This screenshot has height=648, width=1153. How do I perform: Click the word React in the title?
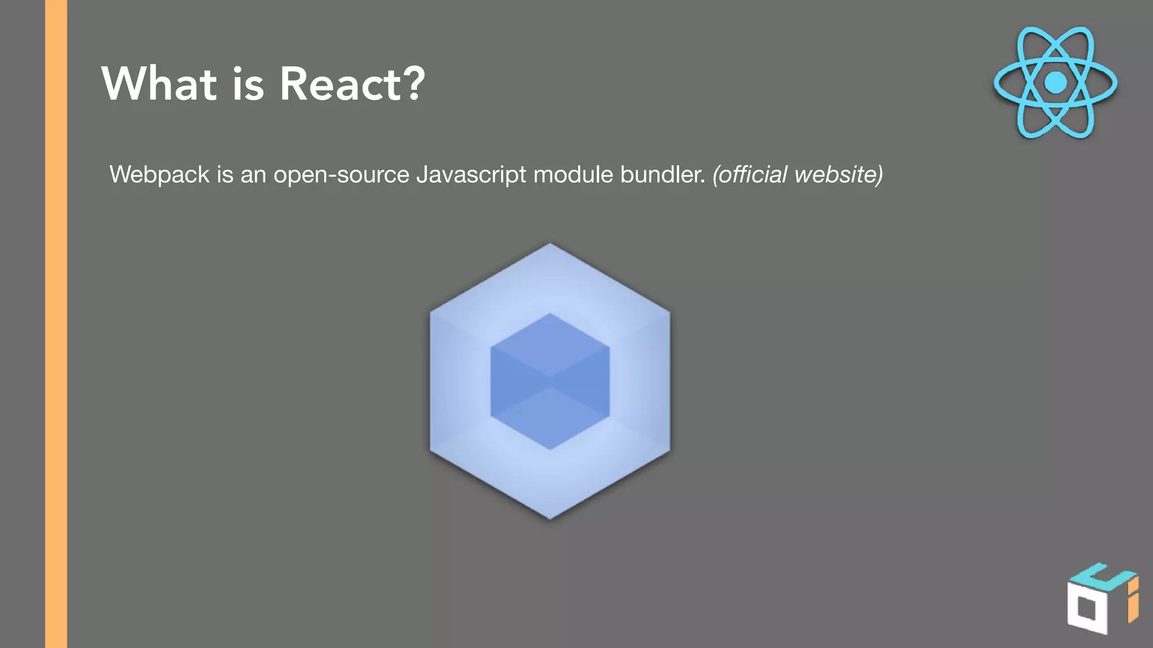pyautogui.click(x=341, y=84)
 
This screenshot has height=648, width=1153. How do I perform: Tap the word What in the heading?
pyautogui.click(x=159, y=84)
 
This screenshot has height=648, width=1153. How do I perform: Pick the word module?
pyautogui.click(x=573, y=174)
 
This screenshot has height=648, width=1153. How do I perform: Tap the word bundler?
pyautogui.click(x=663, y=174)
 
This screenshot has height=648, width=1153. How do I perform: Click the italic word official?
pyautogui.click(x=750, y=174)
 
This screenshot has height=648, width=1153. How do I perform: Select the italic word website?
pyautogui.click(x=838, y=174)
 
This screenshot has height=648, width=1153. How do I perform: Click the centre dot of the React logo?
pyautogui.click(x=1055, y=83)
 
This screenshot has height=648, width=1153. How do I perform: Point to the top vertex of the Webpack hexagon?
pyautogui.click(x=550, y=245)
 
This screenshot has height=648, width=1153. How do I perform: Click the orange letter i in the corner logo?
pyautogui.click(x=1133, y=602)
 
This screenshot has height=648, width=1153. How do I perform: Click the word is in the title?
pyautogui.click(x=248, y=84)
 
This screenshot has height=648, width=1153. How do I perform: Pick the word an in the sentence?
pyautogui.click(x=253, y=175)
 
